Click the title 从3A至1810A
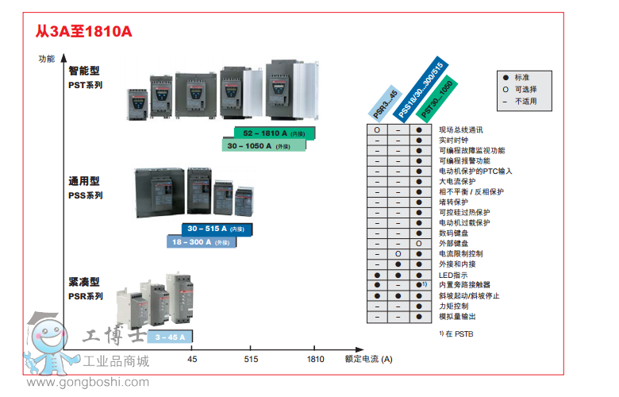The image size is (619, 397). pos(83,32)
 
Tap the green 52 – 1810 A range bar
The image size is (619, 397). pos(274,133)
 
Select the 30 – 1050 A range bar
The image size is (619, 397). pos(267,146)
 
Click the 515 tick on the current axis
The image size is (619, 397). pos(251,359)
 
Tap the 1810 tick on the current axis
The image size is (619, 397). pos(315,359)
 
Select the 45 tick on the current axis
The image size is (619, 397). pos(192,359)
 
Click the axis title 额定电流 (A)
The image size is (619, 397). pos(368,359)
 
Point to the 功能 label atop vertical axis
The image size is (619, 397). pos(47,59)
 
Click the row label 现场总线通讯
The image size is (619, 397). pos(460,129)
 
